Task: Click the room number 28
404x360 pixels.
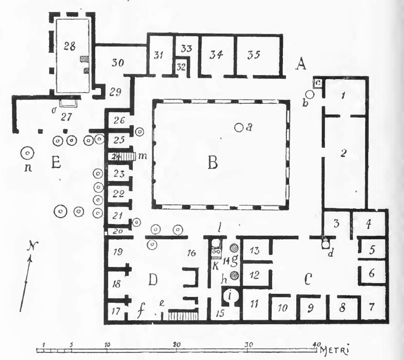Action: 69,46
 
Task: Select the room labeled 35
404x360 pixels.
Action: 253,55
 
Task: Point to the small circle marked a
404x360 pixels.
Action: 238,127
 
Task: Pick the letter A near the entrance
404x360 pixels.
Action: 301,63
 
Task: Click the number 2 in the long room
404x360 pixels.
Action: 343,154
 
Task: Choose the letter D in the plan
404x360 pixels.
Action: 153,279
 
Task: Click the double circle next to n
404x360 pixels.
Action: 27,152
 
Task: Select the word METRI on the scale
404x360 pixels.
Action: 335,349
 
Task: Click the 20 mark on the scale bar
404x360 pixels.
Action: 177,344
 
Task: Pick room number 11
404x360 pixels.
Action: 254,305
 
